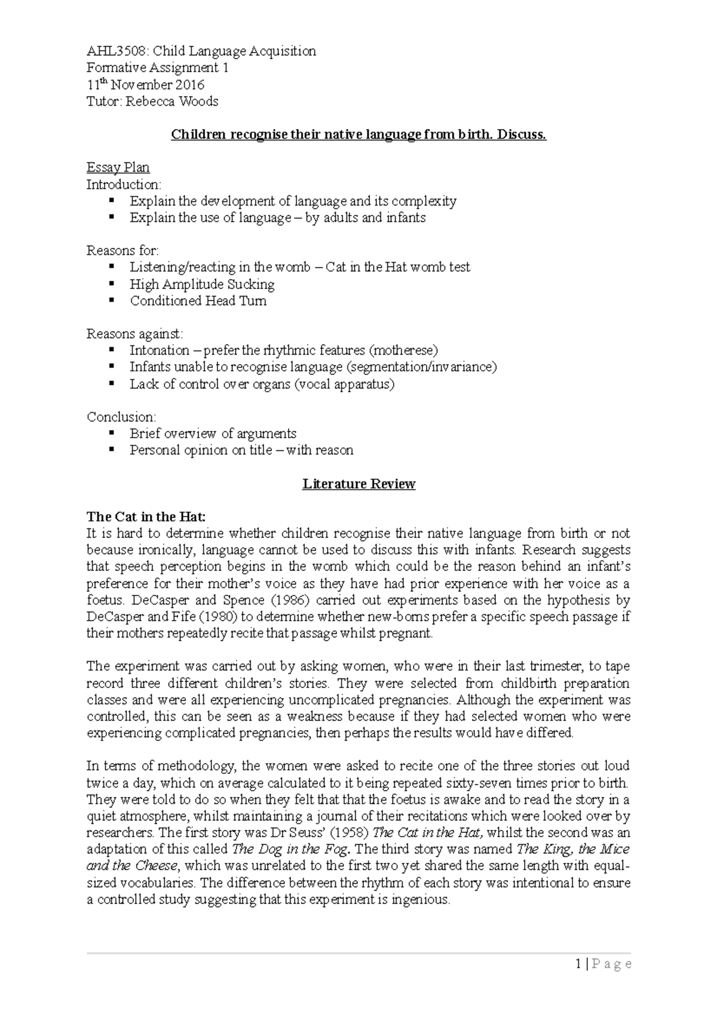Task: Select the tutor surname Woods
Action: (x=199, y=102)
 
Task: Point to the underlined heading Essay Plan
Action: (x=118, y=168)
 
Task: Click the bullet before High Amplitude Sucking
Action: (x=111, y=284)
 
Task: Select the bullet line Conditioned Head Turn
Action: (x=198, y=301)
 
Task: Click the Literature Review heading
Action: (x=358, y=484)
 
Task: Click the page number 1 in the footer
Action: (x=578, y=964)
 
